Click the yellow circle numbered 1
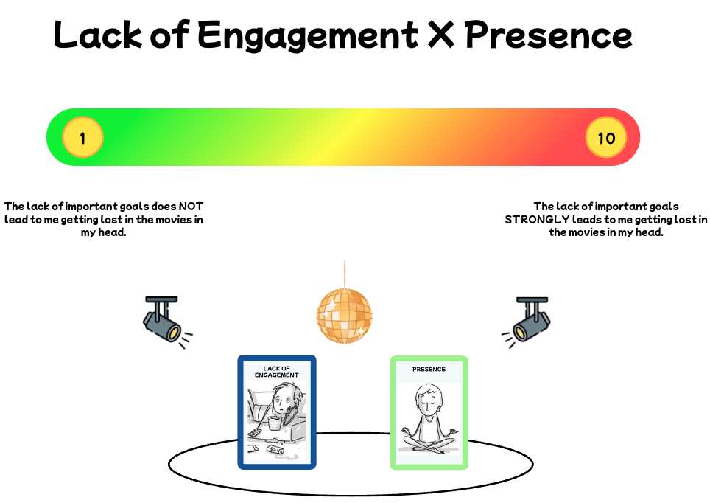coord(82,137)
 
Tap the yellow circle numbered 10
coord(606,137)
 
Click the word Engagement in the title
coord(307,36)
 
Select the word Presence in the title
coord(549,35)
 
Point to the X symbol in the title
coord(441,35)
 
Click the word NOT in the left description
coord(191,207)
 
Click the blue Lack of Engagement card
coord(277,412)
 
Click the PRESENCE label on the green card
coord(429,370)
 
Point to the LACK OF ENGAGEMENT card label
coord(277,372)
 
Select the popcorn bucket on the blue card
coord(274,423)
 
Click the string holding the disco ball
coord(345,274)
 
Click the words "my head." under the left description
coord(104,232)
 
